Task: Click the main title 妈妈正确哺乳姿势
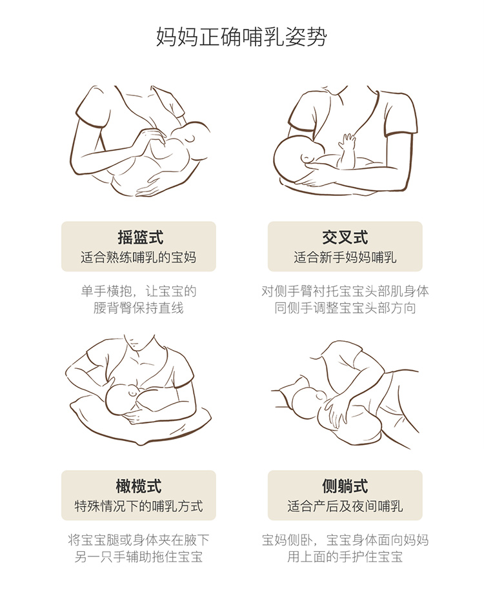(241, 37)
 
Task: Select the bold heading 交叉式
(345, 237)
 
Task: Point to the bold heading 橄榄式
(139, 486)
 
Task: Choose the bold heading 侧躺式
(345, 486)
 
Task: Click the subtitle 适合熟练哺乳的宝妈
(139, 257)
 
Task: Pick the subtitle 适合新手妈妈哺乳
(345, 257)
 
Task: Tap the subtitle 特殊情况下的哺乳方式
(139, 506)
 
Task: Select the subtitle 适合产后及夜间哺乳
(345, 506)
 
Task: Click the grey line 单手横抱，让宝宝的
(139, 291)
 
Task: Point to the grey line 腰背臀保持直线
(139, 308)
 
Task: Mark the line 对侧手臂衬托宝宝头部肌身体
(345, 291)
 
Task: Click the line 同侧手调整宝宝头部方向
(345, 308)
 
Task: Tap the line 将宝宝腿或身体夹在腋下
(139, 540)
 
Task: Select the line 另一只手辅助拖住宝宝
(139, 557)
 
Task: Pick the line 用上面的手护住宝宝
(345, 557)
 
